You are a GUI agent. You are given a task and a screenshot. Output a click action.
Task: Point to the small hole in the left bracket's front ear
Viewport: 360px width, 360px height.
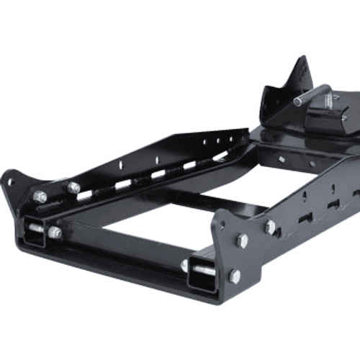tap(9, 181)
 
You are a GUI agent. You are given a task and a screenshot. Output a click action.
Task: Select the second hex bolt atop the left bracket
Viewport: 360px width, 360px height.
tap(73, 187)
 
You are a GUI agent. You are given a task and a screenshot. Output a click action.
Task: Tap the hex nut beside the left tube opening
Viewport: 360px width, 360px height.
tap(55, 232)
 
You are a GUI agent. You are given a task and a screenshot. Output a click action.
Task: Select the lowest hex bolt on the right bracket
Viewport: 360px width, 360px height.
tap(235, 276)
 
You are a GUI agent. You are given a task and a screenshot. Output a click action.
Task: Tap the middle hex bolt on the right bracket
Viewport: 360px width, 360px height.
tap(243, 240)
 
